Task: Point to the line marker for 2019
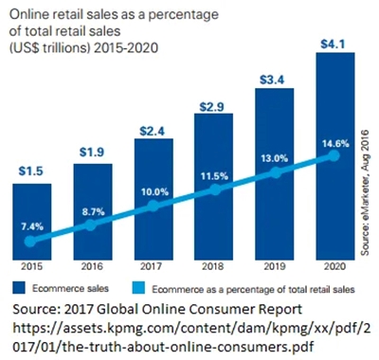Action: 274,173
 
